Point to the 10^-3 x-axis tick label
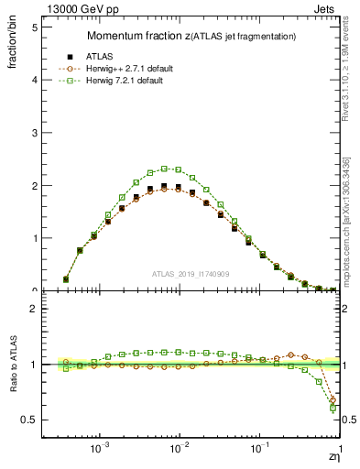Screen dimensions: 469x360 [100, 451]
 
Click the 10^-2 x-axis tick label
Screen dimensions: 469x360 [180, 451]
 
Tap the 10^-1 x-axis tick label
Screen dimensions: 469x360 [260, 451]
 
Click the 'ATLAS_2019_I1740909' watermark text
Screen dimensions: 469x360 [190, 274]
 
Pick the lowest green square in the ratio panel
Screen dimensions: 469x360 [333, 408]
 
